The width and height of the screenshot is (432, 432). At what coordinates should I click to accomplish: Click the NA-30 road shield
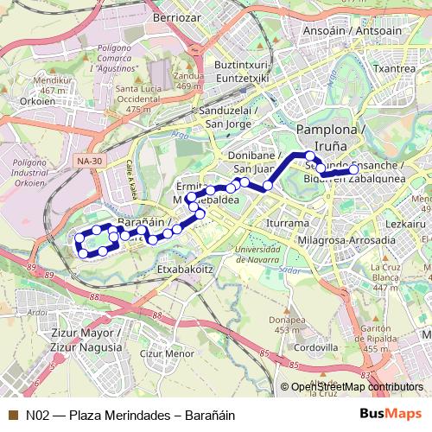[87, 161]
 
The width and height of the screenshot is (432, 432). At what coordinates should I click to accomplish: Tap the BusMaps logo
[389, 415]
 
